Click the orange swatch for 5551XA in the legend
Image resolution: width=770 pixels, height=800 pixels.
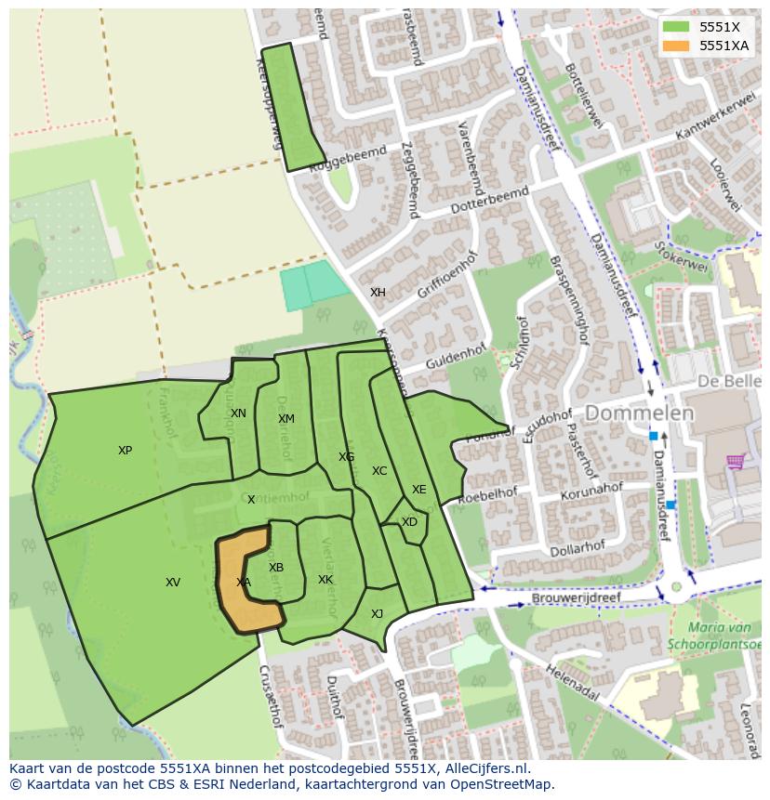click(676, 46)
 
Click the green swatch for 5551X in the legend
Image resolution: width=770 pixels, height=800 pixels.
click(676, 27)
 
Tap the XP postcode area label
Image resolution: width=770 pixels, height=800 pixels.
click(125, 451)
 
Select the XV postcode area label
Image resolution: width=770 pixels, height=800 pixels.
click(173, 583)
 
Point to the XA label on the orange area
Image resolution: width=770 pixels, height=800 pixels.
click(244, 583)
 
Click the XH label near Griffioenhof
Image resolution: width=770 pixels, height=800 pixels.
click(378, 293)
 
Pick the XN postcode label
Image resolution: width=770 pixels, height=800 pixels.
click(238, 413)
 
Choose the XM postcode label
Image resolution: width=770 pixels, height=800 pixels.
click(286, 419)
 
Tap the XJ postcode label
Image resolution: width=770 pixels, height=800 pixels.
click(377, 614)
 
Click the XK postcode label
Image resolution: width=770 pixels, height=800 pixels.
click(325, 580)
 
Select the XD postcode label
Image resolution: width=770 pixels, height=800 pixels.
click(409, 522)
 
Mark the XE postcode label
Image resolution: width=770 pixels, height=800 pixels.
click(419, 490)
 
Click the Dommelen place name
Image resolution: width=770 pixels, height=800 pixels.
click(639, 413)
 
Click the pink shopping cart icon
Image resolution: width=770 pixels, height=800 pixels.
click(736, 461)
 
